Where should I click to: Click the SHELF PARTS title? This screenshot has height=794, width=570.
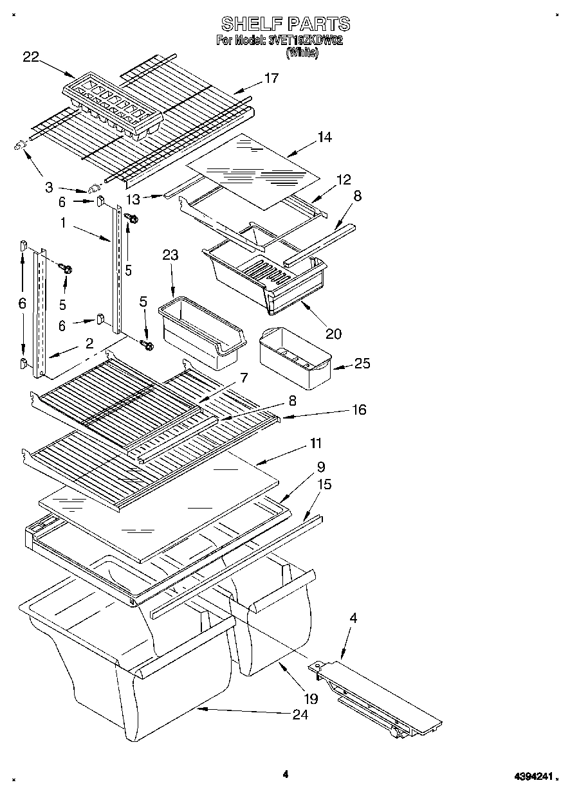286,24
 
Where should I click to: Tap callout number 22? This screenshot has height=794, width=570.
31,57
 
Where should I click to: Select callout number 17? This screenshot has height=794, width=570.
271,78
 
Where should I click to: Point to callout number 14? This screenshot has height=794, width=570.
324,137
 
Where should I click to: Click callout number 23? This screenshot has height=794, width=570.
170,255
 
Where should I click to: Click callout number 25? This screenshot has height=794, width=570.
362,365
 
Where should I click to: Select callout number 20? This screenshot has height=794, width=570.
333,334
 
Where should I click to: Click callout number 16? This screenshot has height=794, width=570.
359,410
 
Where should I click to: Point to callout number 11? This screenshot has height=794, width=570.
316,444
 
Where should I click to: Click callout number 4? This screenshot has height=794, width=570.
353,618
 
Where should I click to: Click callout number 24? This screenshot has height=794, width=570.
300,715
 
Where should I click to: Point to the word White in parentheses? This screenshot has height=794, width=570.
302,53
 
